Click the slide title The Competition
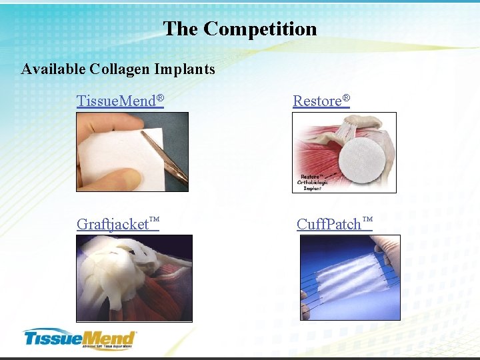[x=240, y=29]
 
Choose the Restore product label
[x=317, y=101]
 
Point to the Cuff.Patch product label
[x=329, y=224]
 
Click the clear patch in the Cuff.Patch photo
[x=347, y=277]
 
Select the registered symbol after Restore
[x=346, y=99]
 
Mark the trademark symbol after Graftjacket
[x=155, y=219]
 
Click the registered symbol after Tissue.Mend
[x=160, y=99]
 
